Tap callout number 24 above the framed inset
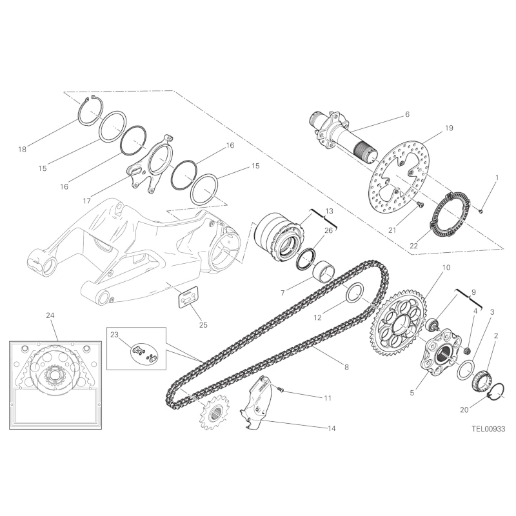click(50, 315)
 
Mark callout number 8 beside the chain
click(346, 367)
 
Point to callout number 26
click(328, 230)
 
